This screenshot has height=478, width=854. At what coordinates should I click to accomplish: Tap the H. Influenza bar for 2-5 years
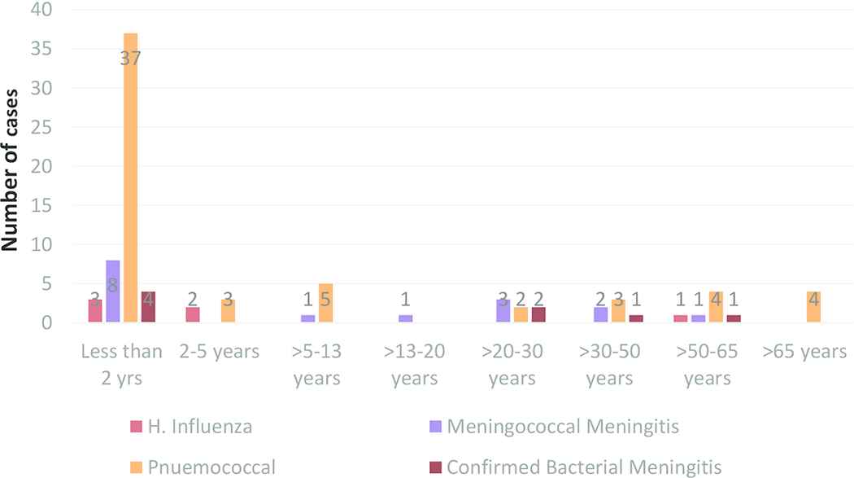(193, 315)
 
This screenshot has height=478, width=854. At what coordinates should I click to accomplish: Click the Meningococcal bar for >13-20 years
(406, 319)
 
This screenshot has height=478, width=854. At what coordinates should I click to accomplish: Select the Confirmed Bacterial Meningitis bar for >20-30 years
(538, 315)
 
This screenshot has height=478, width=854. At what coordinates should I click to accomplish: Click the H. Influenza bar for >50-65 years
(681, 319)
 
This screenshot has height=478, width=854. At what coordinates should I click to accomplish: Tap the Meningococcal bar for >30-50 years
(601, 315)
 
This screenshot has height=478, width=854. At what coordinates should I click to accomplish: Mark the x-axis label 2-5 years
(220, 353)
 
